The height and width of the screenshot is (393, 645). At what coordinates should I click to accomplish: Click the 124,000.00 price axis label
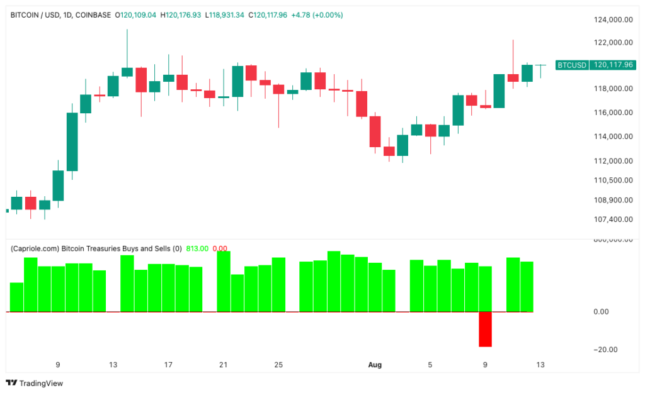tap(614, 19)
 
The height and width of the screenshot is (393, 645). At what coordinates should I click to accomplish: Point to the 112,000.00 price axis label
tap(614, 160)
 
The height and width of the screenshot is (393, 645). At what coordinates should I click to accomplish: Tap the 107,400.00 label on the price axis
tap(614, 219)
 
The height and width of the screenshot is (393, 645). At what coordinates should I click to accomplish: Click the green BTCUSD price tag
tap(572, 65)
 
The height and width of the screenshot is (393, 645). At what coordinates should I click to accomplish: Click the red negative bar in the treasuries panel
tap(485, 329)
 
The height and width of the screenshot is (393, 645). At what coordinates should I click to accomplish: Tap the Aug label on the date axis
tap(374, 365)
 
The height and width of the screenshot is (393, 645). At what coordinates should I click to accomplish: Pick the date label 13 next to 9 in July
tap(113, 365)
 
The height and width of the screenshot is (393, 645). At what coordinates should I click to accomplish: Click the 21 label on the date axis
tap(223, 365)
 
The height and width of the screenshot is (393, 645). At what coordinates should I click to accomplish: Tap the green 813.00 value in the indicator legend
tap(197, 248)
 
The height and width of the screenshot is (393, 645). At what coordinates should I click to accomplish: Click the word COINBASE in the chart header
tap(93, 14)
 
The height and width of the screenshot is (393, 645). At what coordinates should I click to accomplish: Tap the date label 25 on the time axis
tap(278, 365)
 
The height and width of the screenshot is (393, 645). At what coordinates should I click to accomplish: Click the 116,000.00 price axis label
tap(614, 113)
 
